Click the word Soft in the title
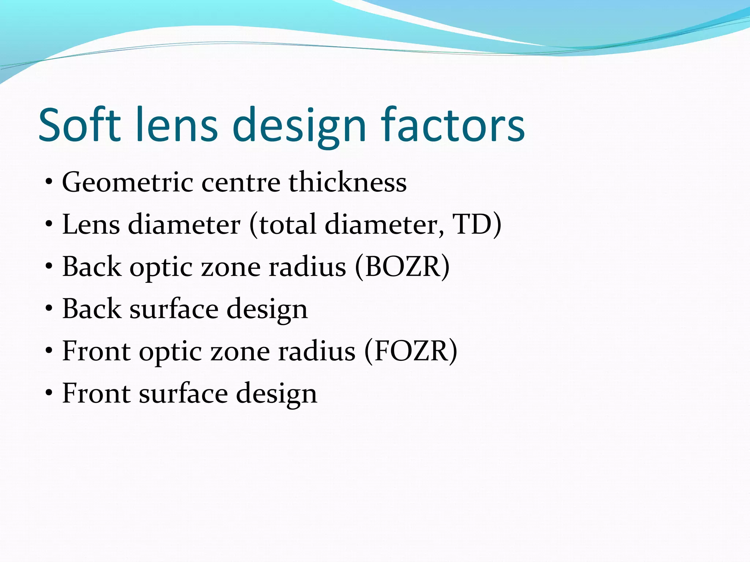pyautogui.click(x=79, y=125)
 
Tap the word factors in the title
pyautogui.click(x=453, y=125)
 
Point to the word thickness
pyautogui.click(x=348, y=182)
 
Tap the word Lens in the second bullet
pyautogui.click(x=91, y=224)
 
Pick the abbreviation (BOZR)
pyautogui.click(x=402, y=267)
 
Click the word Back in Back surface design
pyautogui.click(x=92, y=309)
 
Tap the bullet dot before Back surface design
pyautogui.click(x=49, y=309)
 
